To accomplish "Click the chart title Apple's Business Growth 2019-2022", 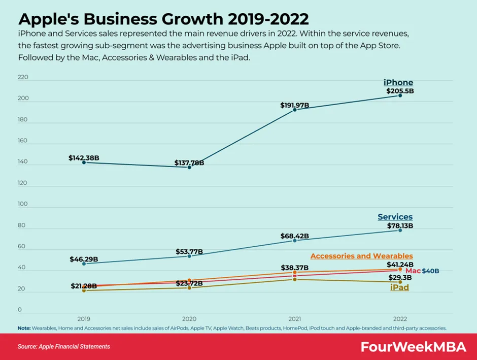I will pos(163,19).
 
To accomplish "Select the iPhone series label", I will pos(398,83).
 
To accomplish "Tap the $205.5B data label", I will pos(400,91).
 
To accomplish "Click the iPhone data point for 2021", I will pos(295,110).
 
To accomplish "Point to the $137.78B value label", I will pos(189,163).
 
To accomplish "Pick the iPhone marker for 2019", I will pos(84,162).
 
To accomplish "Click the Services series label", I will pos(395,217).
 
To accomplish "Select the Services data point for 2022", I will pos(400,231).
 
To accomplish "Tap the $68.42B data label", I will pos(294,236).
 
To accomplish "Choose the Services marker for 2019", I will pos(84,264).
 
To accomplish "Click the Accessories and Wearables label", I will pos(361,256).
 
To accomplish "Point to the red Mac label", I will pos(413,271).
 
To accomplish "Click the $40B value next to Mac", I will pos(430,271).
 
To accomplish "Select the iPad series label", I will pos(399,288).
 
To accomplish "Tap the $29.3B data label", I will pos(400,278).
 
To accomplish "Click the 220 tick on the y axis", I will pos(23,78).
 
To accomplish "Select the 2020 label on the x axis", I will pos(189,318).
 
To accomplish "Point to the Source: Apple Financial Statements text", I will pos(63,347).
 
